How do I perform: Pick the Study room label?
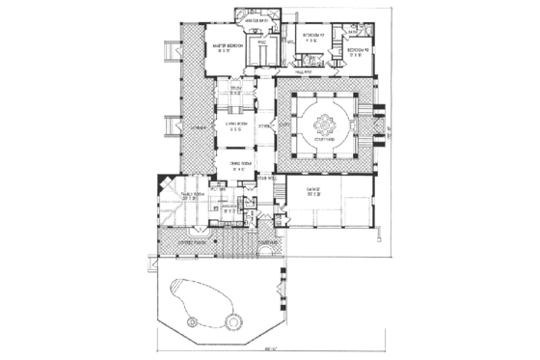point(235,90)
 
